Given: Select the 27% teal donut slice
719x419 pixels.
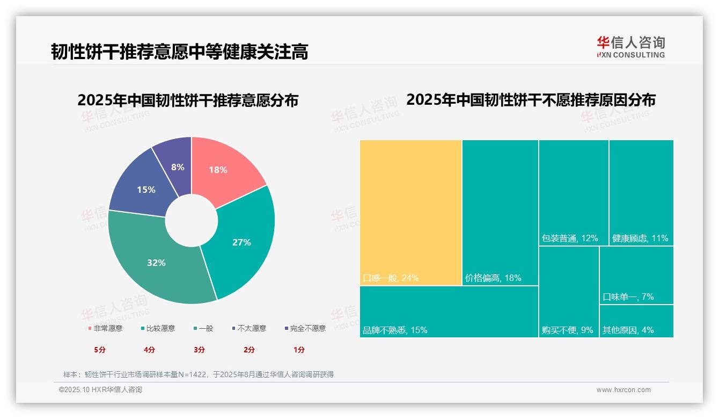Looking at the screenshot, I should click(244, 242).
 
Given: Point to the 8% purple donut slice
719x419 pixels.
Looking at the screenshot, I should click(176, 164).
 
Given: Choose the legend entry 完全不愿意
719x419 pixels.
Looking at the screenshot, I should click(305, 328).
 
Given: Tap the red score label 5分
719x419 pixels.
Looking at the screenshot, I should click(100, 350).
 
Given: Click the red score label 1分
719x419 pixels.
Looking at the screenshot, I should click(299, 350).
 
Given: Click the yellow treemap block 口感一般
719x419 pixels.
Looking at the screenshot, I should click(410, 212).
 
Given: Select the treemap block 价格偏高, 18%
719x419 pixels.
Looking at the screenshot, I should click(500, 212).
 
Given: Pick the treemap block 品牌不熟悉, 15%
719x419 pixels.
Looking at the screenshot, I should click(449, 312).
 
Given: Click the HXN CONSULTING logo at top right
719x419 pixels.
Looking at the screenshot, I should click(630, 47).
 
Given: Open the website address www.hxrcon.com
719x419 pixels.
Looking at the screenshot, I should click(623, 390).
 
